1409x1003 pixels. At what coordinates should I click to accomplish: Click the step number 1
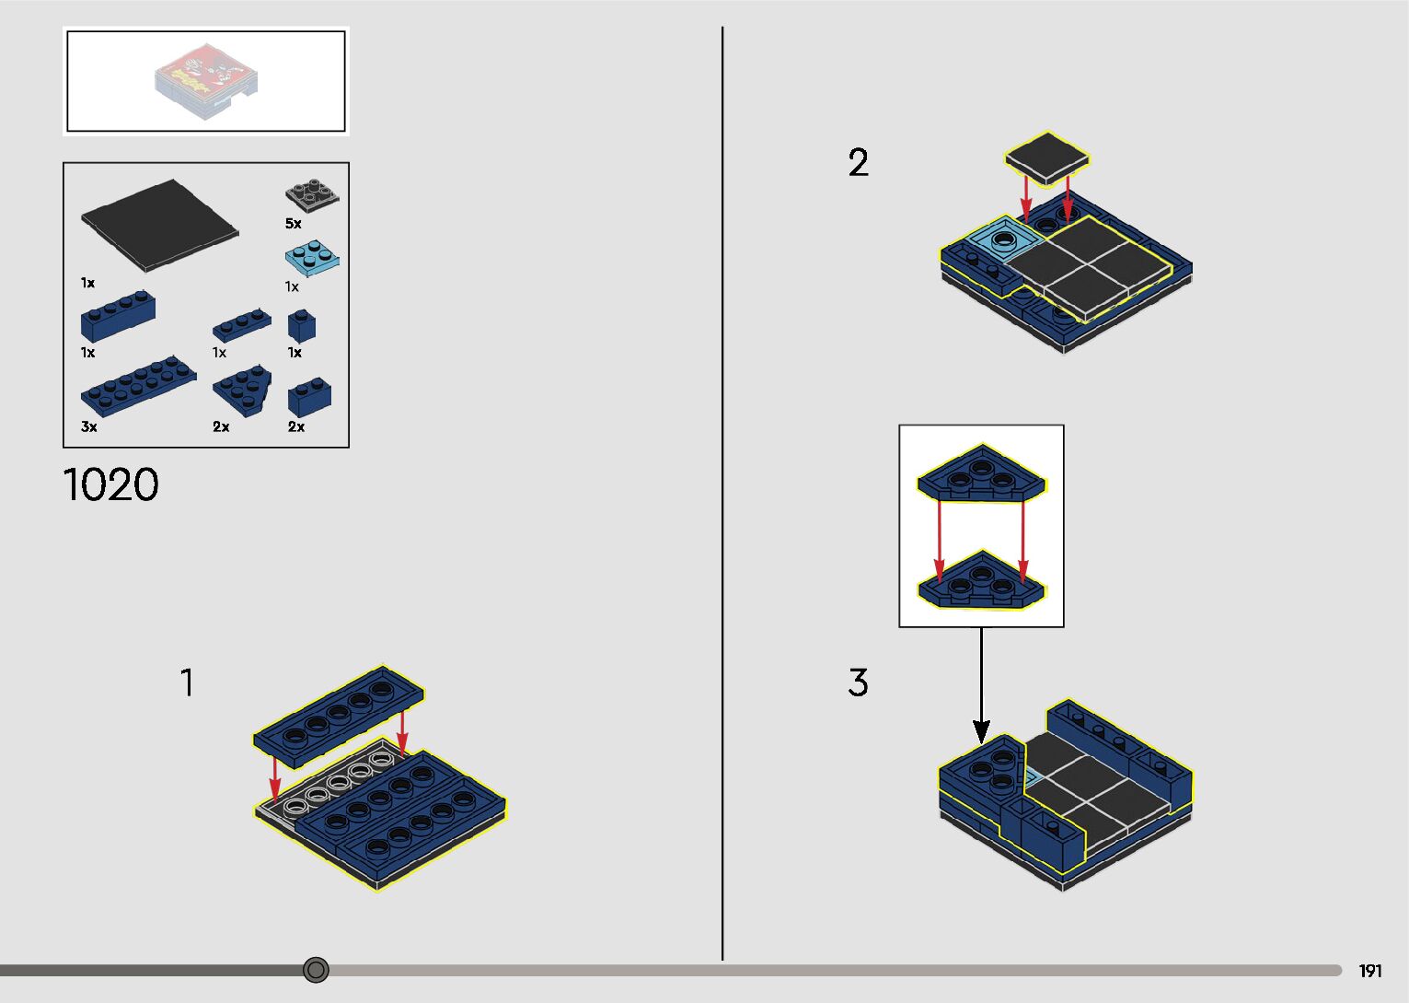coord(187,683)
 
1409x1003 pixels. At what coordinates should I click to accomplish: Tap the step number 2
coord(858,163)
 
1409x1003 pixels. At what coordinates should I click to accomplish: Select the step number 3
coord(858,682)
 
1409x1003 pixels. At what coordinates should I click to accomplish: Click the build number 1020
coord(110,484)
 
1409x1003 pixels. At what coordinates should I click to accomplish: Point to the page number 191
coord(1370,971)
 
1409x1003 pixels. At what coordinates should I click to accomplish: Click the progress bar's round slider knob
coord(316,970)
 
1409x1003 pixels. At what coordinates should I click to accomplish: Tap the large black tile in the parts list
coord(159,224)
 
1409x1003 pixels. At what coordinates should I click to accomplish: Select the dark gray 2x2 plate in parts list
coord(312,195)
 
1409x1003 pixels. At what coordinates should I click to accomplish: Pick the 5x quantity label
coord(294,224)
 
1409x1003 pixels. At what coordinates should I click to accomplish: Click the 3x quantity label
coord(89,426)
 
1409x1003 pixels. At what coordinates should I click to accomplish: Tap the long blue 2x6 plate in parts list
coord(138,385)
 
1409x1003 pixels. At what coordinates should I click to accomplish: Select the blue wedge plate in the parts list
coord(242,390)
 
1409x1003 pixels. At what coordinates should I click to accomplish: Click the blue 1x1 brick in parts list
coord(302,325)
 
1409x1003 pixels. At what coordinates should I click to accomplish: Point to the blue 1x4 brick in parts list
coord(118,317)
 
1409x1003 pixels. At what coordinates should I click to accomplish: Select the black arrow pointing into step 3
coord(982,686)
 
